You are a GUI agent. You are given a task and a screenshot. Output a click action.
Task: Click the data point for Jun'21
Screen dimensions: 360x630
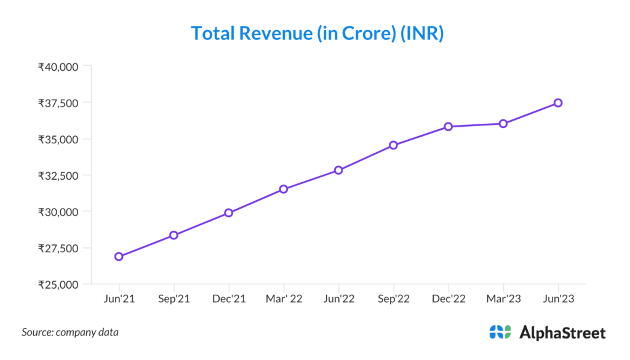119,257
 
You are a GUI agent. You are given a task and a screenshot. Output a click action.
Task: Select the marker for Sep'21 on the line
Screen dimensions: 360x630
173,235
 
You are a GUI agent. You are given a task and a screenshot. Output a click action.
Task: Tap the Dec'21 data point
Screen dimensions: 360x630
228,213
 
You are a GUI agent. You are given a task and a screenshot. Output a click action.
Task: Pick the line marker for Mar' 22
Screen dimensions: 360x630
284,189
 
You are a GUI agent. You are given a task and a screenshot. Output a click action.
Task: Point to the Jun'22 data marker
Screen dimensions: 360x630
338,170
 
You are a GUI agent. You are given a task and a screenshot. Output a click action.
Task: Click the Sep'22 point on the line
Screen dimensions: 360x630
393,145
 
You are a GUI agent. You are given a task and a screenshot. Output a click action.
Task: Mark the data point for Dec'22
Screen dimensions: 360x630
449,127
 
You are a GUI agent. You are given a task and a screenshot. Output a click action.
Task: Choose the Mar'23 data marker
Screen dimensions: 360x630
503,124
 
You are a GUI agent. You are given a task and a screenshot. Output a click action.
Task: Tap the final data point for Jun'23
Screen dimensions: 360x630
558,103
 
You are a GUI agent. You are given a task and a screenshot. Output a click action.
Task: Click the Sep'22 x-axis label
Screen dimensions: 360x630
393,299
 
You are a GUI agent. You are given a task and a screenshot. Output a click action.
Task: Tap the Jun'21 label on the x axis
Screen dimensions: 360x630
119,299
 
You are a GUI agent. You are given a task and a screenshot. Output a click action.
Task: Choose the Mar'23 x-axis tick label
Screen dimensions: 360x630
503,299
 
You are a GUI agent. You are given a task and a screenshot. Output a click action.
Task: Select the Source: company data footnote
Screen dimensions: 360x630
70,332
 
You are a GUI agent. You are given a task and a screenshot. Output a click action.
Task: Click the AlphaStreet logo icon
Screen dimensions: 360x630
500,332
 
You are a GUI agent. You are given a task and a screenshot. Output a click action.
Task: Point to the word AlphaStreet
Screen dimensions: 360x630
562,333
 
